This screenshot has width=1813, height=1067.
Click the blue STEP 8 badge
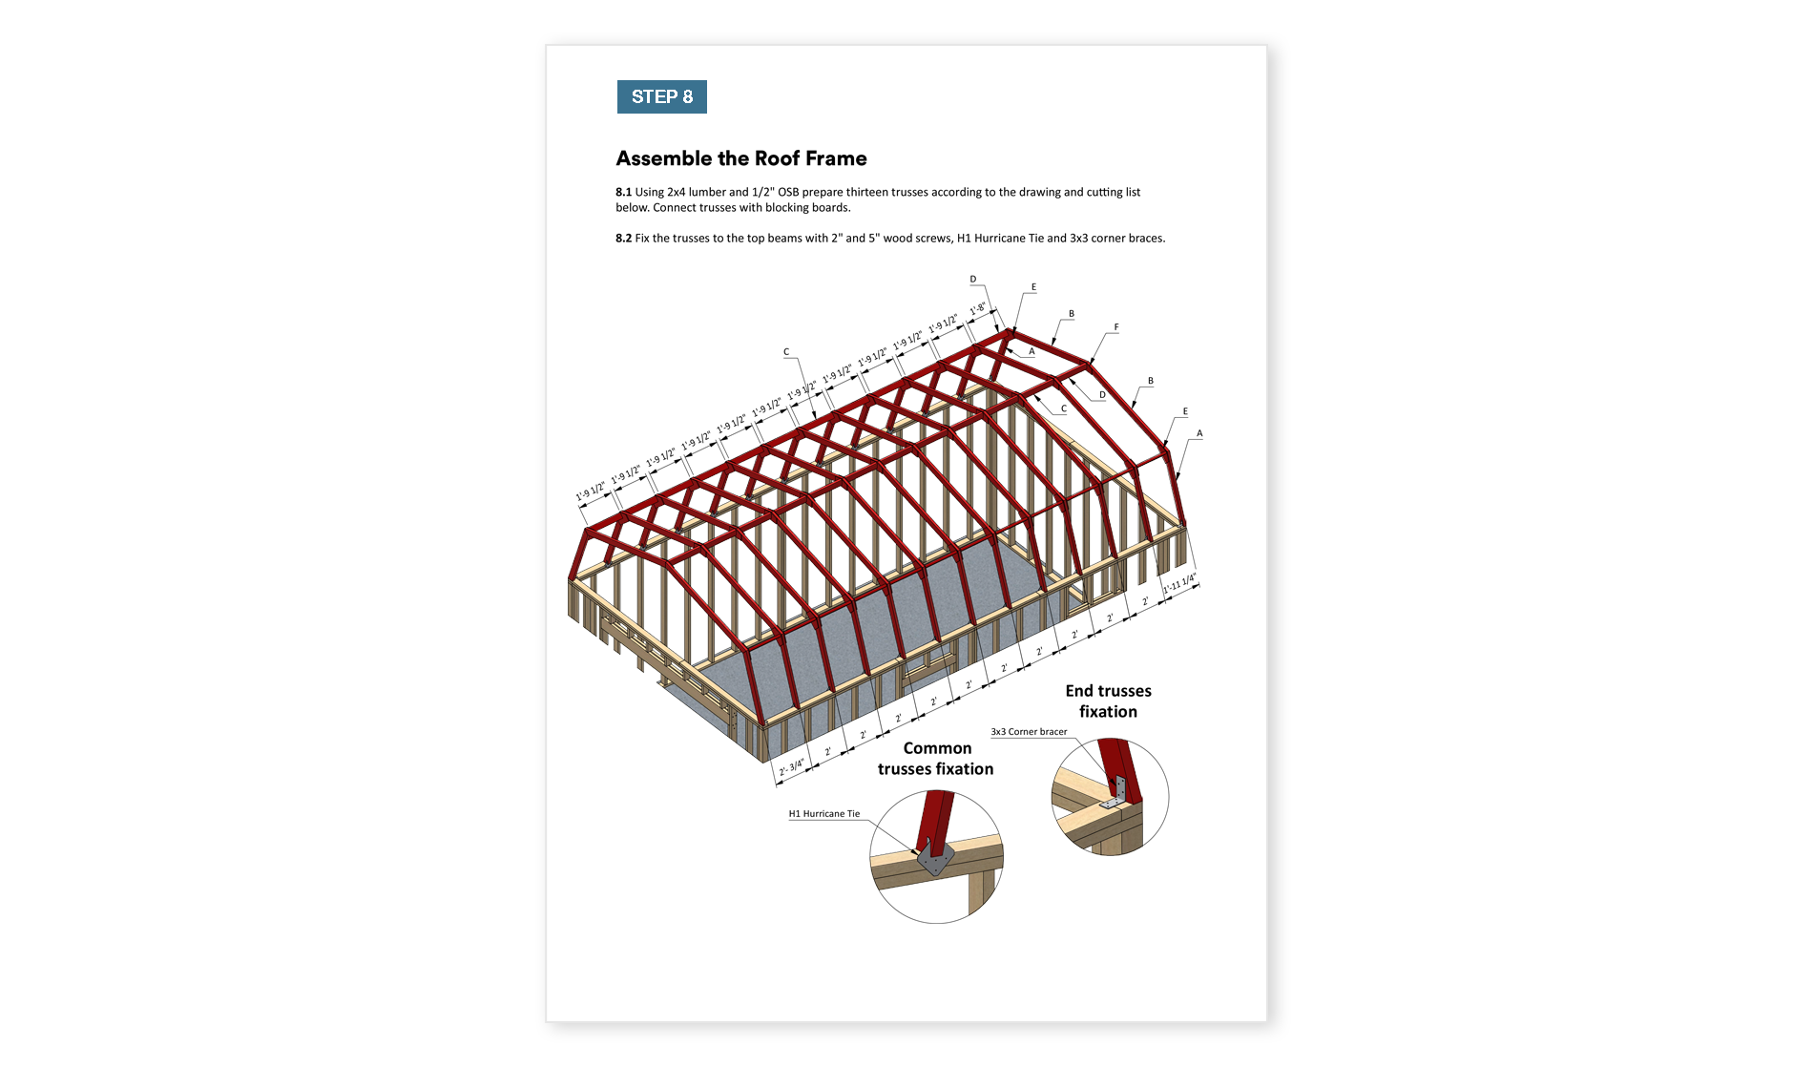tap(661, 97)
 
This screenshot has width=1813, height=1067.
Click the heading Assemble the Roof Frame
tap(741, 158)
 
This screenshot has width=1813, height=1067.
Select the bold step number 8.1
tap(623, 193)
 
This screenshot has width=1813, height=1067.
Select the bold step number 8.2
tap(623, 239)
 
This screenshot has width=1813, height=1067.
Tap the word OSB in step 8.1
tap(788, 193)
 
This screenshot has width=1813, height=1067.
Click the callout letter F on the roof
tap(1116, 327)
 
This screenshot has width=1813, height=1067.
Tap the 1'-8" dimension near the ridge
tap(978, 309)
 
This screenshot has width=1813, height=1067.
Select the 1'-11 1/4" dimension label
tap(1179, 584)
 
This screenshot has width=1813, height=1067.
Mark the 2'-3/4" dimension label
tap(792, 767)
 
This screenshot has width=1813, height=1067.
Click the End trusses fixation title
tap(1108, 701)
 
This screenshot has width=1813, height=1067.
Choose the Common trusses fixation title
tap(936, 759)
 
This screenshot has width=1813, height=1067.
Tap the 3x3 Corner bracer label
tap(1029, 732)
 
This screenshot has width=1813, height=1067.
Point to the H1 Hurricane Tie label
tap(823, 814)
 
